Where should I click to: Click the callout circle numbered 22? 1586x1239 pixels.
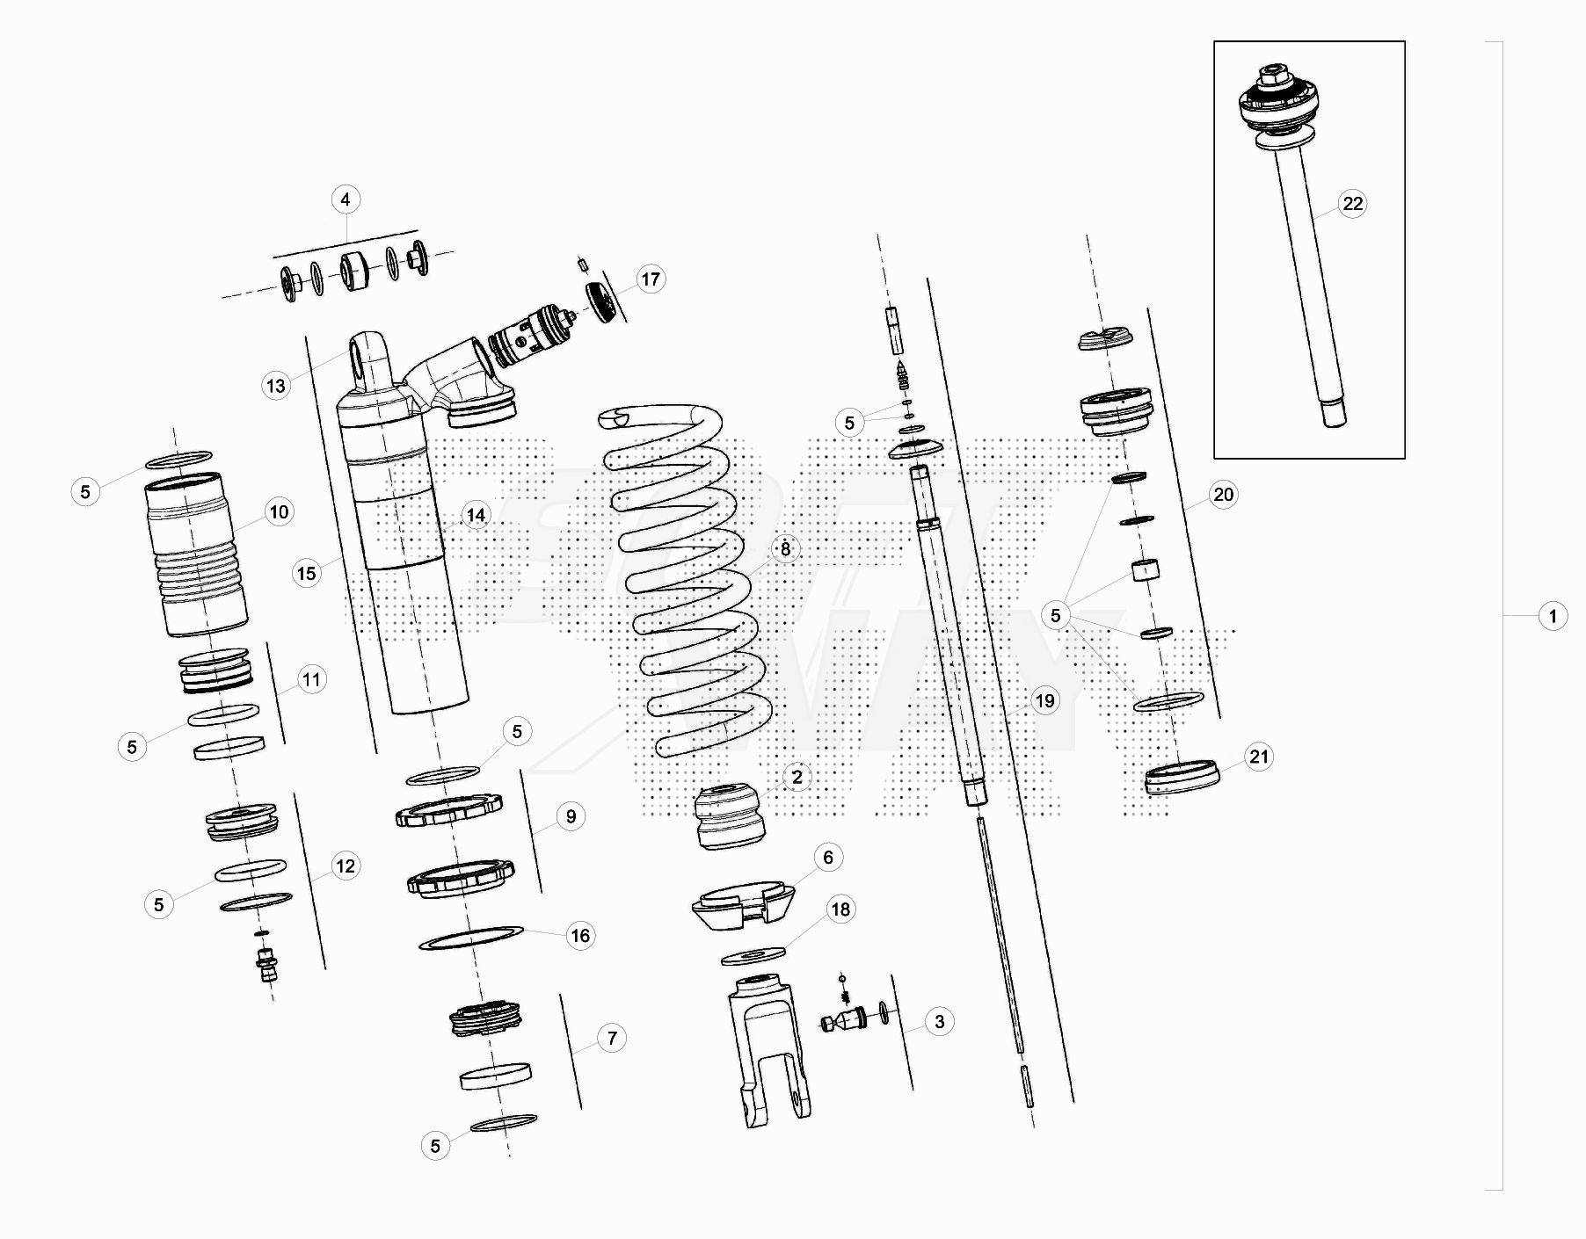coord(1352,204)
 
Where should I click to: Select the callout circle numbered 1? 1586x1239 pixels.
coord(1553,616)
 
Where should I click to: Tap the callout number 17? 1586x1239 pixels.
coord(650,279)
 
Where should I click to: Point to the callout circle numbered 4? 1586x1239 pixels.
coord(346,199)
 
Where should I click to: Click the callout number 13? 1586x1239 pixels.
coord(276,385)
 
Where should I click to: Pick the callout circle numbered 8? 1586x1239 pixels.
coord(785,549)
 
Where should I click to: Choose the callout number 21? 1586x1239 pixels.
coord(1260,757)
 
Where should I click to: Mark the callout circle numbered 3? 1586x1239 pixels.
coord(940,1021)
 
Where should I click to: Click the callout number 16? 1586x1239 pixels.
coord(580,936)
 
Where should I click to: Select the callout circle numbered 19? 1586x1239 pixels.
coord(1044,700)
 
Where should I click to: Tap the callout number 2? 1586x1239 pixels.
coord(797,777)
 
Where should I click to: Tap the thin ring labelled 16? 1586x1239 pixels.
coord(471,937)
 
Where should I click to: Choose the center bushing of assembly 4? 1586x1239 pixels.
coord(355,271)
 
